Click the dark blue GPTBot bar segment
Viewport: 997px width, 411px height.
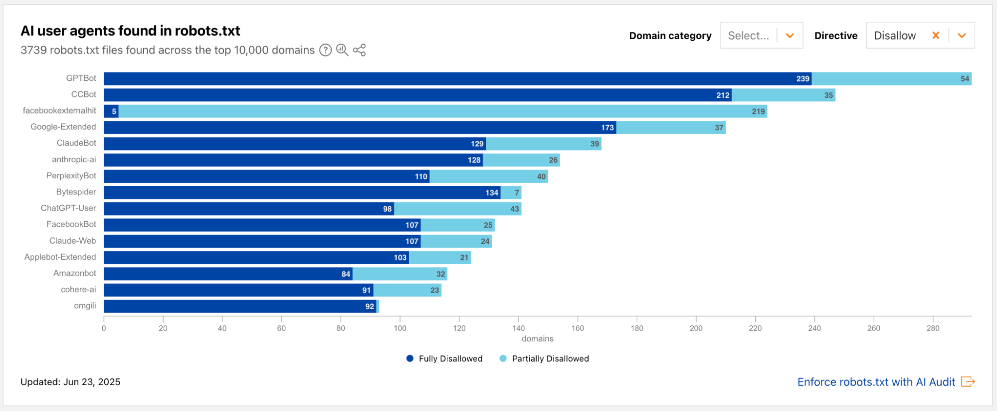(x=457, y=79)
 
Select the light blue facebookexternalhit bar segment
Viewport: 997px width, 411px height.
(x=442, y=111)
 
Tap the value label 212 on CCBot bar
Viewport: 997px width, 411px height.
(x=723, y=95)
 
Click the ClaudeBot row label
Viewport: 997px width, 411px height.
(x=76, y=143)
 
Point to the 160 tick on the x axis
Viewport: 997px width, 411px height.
(x=578, y=328)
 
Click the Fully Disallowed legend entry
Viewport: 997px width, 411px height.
(x=444, y=359)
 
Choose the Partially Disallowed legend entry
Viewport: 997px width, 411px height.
(x=544, y=359)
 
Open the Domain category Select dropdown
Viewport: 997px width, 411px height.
(x=761, y=35)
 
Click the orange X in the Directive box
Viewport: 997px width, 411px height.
(x=936, y=35)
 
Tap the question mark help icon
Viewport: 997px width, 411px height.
(x=325, y=50)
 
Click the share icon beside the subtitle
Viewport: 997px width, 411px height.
(x=359, y=50)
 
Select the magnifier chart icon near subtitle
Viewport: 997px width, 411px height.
(x=342, y=50)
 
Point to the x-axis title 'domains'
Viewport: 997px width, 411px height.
(x=537, y=339)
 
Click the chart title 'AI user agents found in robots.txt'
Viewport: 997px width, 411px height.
(x=130, y=31)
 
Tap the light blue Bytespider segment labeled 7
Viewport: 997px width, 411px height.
(x=511, y=193)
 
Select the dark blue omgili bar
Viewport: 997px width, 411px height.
(x=239, y=307)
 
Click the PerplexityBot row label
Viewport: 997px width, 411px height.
(x=71, y=176)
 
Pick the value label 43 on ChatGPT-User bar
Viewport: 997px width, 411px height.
(x=514, y=209)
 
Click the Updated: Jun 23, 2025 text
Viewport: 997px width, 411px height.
(x=70, y=382)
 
